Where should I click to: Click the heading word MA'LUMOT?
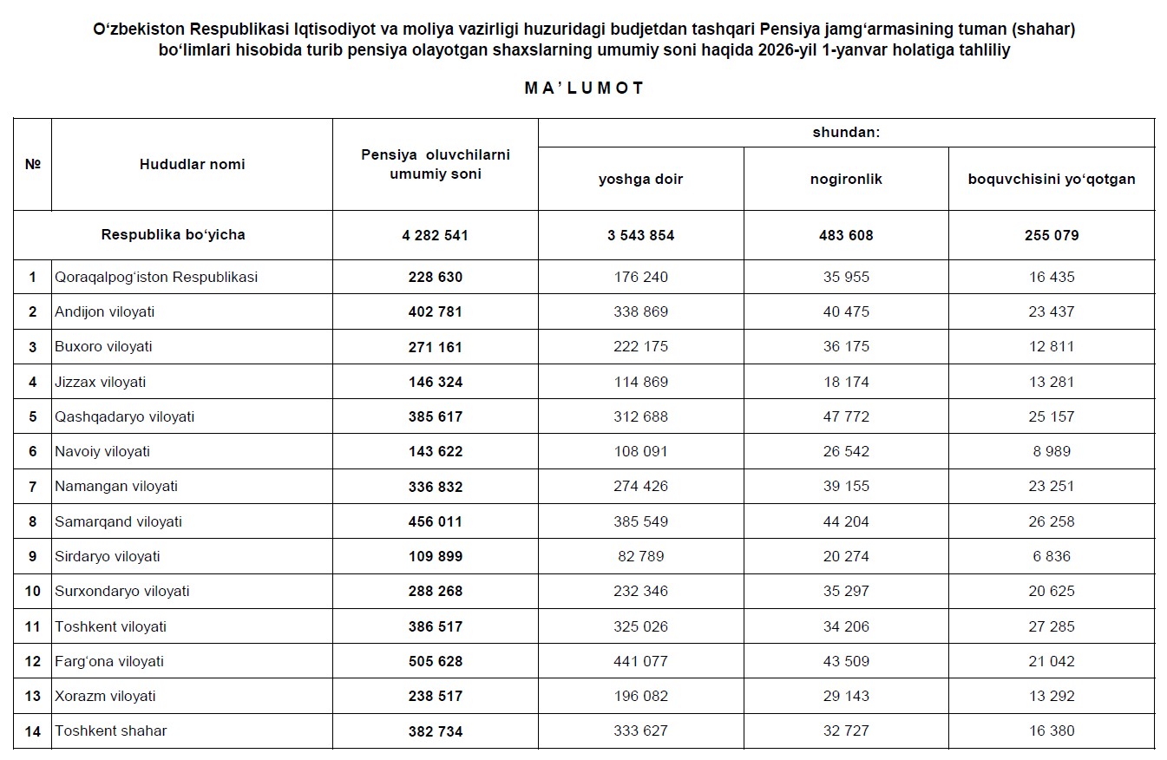584,88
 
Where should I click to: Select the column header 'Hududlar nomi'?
192,164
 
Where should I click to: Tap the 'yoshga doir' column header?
640,180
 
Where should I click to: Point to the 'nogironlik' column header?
845,180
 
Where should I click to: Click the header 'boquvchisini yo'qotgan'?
1051,180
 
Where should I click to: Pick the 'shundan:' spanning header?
846,133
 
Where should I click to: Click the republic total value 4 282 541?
435,235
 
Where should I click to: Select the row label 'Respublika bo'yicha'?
173,235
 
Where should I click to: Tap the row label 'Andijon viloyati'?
104,311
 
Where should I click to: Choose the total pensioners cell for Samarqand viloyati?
435,521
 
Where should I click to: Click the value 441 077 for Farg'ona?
640,661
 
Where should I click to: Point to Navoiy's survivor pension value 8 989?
1051,451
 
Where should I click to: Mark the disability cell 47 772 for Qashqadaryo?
845,416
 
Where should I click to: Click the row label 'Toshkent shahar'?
110,731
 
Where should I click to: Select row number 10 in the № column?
33,591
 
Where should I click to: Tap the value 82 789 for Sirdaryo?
640,556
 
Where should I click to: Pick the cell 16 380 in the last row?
1051,731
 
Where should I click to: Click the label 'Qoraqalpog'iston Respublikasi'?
156,277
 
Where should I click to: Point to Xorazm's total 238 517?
435,696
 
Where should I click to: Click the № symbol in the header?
33,164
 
